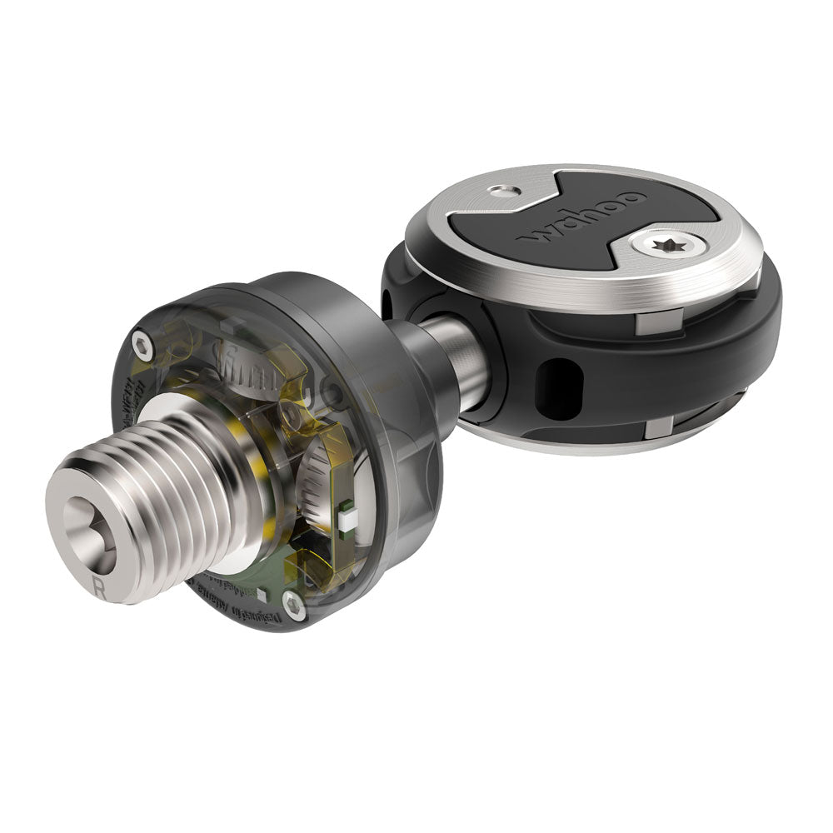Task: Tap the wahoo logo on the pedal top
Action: click(x=583, y=219)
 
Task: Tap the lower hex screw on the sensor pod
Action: click(x=289, y=604)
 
